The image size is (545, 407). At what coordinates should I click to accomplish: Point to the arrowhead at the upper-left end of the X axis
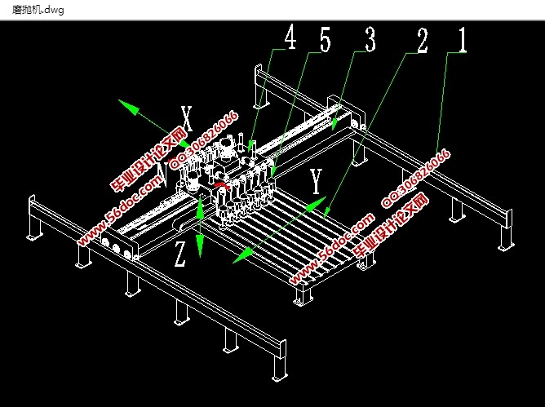point(124,104)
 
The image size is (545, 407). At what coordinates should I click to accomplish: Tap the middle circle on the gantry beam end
point(116,247)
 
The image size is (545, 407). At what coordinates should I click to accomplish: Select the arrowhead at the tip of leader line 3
point(335,126)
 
